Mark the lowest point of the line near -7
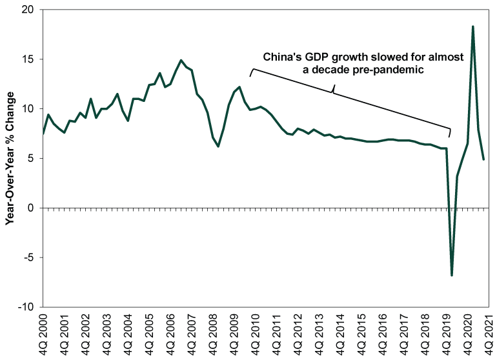pyautogui.click(x=452, y=275)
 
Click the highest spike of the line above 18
pyautogui.click(x=473, y=26)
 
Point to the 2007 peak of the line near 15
pyautogui.click(x=181, y=61)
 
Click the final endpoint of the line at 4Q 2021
pyautogui.click(x=483, y=159)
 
